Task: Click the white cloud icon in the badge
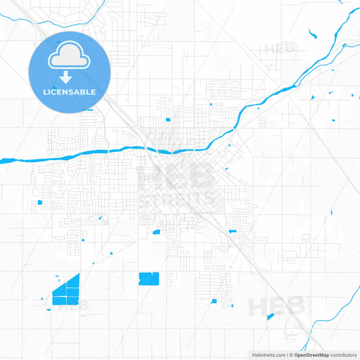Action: click(68, 57)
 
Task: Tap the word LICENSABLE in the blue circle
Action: click(68, 91)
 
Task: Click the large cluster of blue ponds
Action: click(66, 290)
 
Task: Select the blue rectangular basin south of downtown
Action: click(148, 278)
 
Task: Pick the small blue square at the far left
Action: click(39, 202)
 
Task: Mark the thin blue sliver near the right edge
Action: click(331, 213)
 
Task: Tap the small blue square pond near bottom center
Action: click(214, 301)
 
